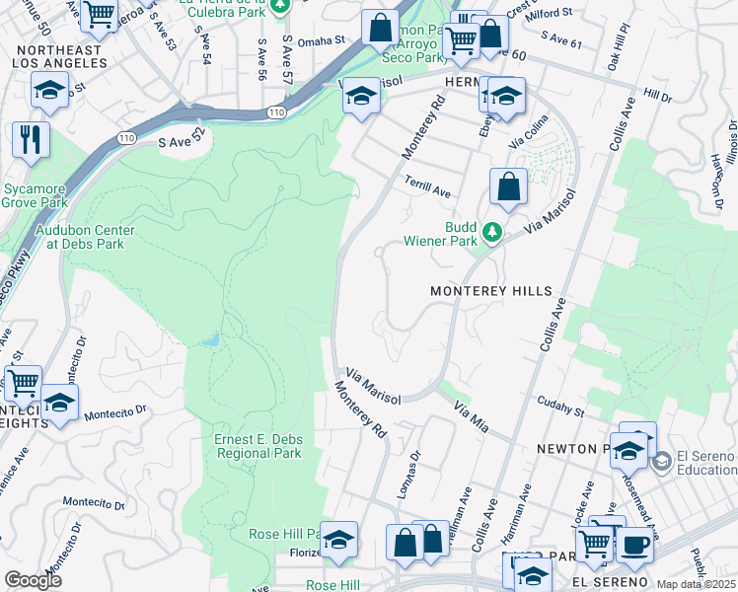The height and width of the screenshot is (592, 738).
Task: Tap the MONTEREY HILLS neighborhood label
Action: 490,292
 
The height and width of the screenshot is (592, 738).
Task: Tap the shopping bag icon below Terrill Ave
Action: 508,185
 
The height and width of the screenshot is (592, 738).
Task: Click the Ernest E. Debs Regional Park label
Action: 257,446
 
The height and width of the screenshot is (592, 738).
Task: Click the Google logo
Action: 33,579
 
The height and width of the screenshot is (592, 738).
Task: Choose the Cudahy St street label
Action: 560,406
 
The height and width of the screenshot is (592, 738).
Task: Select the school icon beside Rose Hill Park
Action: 338,540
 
